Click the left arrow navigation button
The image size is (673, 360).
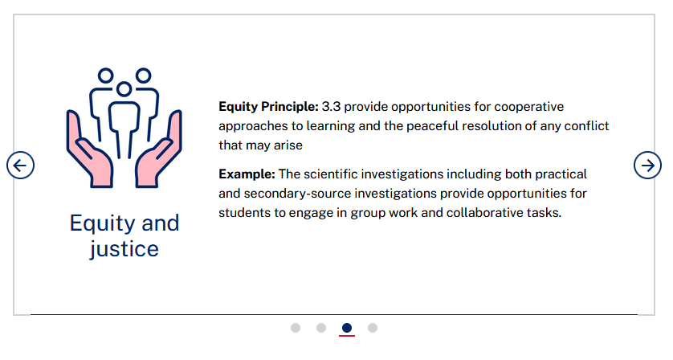click(20, 166)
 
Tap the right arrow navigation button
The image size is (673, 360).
click(647, 166)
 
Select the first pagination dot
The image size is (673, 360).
click(296, 328)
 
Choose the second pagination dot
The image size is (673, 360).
click(321, 328)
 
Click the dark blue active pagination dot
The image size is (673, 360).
click(347, 328)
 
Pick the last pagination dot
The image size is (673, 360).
click(373, 328)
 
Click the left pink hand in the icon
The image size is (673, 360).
click(88, 154)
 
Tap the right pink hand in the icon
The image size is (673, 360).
click(160, 154)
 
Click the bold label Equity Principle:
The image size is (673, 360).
click(269, 107)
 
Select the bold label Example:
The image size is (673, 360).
click(247, 174)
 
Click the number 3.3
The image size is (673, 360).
click(331, 107)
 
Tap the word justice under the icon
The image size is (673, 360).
click(124, 249)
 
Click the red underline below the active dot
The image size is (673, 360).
click(347, 336)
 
